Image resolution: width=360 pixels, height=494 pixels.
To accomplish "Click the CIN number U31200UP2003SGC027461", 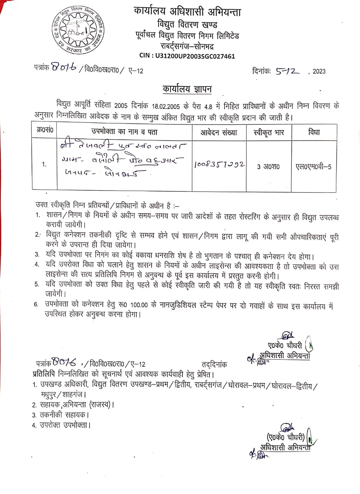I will [x=187, y=56].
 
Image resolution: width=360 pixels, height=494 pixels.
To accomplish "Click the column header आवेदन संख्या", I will [x=218, y=132].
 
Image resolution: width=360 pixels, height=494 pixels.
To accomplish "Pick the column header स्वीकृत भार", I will [x=269, y=132].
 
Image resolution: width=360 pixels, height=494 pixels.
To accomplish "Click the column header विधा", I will [x=314, y=132].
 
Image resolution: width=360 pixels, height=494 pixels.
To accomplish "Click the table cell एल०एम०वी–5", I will [x=313, y=167].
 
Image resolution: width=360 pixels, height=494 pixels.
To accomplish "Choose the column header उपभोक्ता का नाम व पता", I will [x=124, y=132].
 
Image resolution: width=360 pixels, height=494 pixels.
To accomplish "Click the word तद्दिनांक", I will [x=215, y=364].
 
